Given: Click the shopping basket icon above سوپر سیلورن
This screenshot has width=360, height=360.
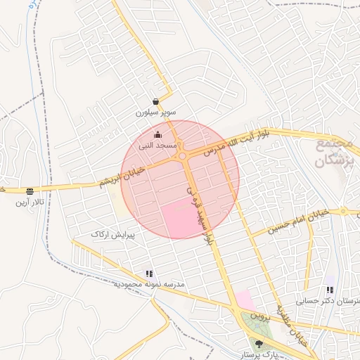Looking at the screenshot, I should (x=155, y=102).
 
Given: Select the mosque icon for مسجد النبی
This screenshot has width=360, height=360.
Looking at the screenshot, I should (x=157, y=135).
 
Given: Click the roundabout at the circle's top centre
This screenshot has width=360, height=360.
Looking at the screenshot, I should (x=182, y=156).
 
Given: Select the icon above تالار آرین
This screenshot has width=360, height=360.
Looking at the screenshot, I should (x=30, y=192).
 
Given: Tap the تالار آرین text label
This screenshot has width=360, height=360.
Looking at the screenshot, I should (x=30, y=202).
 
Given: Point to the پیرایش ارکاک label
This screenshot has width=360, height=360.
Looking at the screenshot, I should (x=112, y=233).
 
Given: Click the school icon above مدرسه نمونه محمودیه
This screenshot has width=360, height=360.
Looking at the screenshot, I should (x=148, y=274).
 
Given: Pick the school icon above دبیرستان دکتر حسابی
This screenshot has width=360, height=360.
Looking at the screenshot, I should (x=329, y=290).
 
